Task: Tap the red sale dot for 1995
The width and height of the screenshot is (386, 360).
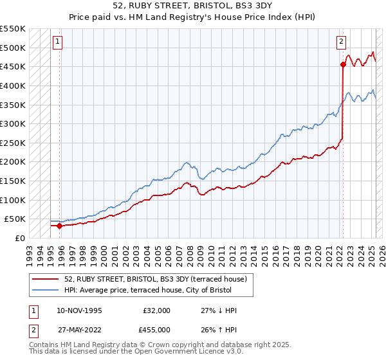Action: click(59, 226)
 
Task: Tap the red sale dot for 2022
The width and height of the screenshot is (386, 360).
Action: click(343, 64)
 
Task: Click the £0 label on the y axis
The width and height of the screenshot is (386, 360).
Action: click(19, 238)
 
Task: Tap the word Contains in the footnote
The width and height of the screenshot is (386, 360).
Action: click(46, 345)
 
